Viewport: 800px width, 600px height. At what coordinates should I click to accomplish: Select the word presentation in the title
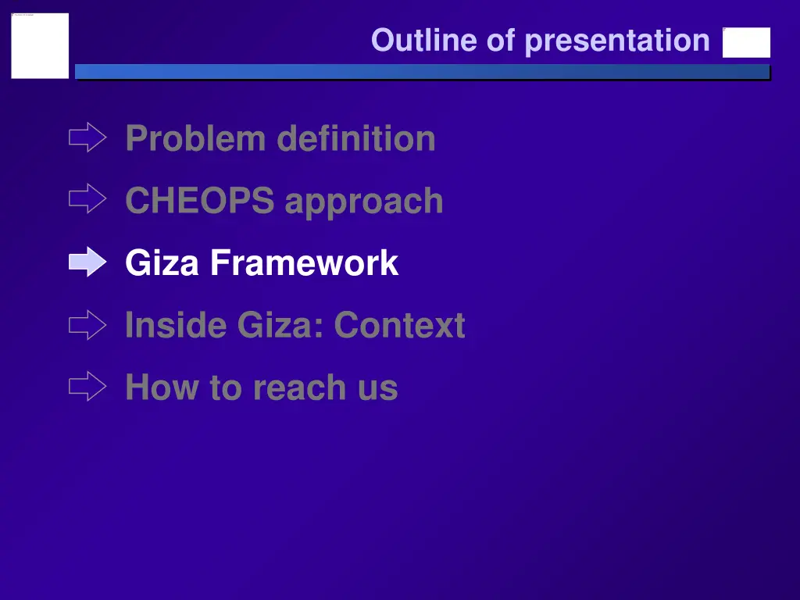[x=617, y=41]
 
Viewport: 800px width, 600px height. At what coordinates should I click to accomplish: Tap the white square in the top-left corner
[x=40, y=45]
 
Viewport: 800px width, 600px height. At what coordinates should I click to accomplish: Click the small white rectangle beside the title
[x=746, y=43]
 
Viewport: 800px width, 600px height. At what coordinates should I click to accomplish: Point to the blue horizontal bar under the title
[x=422, y=72]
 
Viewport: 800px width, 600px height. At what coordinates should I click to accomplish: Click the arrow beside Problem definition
[x=87, y=138]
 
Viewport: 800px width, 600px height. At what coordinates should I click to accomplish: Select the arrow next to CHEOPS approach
[x=87, y=200]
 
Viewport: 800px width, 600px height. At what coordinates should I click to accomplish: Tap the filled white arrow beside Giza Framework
[x=87, y=262]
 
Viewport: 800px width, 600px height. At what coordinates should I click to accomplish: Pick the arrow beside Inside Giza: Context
[x=87, y=325]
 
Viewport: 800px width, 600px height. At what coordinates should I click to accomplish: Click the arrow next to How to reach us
[x=87, y=387]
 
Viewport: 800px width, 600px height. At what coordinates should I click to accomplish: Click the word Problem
[x=195, y=139]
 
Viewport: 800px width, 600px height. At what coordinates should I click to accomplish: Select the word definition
[x=356, y=139]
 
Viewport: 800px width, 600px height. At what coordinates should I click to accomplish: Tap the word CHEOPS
[x=200, y=201]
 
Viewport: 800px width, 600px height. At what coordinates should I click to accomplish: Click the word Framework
[x=304, y=263]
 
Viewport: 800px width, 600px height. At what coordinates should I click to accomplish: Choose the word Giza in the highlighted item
[x=162, y=263]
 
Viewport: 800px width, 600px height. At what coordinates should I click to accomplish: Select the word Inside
[x=175, y=325]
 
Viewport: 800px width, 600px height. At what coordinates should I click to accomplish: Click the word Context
[x=400, y=325]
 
